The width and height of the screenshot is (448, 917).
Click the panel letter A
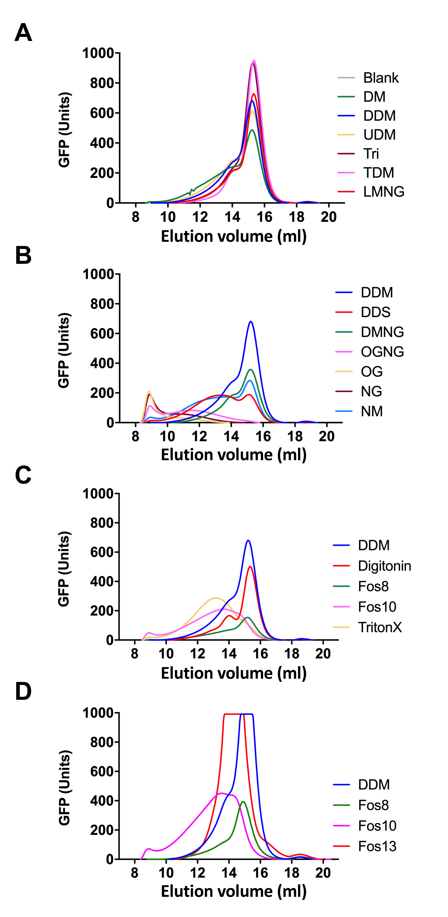click(x=23, y=33)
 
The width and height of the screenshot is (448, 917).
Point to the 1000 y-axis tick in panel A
click(x=98, y=53)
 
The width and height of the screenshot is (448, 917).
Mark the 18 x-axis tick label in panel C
click(x=292, y=654)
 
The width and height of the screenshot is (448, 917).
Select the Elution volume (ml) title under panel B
click(x=234, y=455)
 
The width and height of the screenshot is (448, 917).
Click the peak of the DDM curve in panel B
click(x=251, y=322)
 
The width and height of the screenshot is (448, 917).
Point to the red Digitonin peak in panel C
click(x=250, y=566)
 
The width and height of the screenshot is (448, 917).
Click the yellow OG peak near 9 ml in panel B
click(x=149, y=392)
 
